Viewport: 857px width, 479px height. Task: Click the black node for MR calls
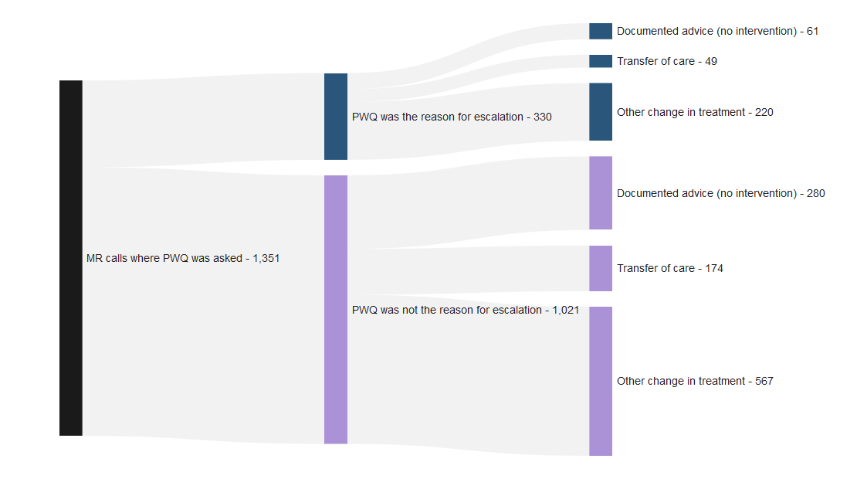tap(71, 258)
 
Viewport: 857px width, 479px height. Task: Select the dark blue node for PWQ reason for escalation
tap(336, 117)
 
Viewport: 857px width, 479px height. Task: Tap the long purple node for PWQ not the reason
tap(336, 309)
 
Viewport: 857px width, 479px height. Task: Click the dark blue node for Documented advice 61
tap(601, 31)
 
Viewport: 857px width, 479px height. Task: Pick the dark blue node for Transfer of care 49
tap(601, 61)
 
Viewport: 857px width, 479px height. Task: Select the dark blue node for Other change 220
tap(601, 112)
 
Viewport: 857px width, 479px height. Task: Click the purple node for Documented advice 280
tap(601, 193)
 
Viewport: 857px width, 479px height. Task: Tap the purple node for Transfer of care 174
tap(601, 268)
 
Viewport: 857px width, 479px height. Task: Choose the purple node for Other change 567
tap(601, 381)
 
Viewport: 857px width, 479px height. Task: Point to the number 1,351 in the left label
tap(266, 259)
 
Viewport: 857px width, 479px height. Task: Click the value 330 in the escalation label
tap(543, 117)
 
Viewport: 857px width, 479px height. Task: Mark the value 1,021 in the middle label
tap(565, 310)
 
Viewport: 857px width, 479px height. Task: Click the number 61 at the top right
tap(812, 32)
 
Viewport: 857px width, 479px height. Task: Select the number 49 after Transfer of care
tap(711, 62)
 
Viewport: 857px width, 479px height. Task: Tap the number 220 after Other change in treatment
tap(764, 113)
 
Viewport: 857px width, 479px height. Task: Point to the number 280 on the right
tap(815, 194)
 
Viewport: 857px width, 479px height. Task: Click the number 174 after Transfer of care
tap(714, 269)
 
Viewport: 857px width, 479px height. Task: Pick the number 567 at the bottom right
tap(764, 382)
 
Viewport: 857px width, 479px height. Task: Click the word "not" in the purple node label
tap(413, 310)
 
